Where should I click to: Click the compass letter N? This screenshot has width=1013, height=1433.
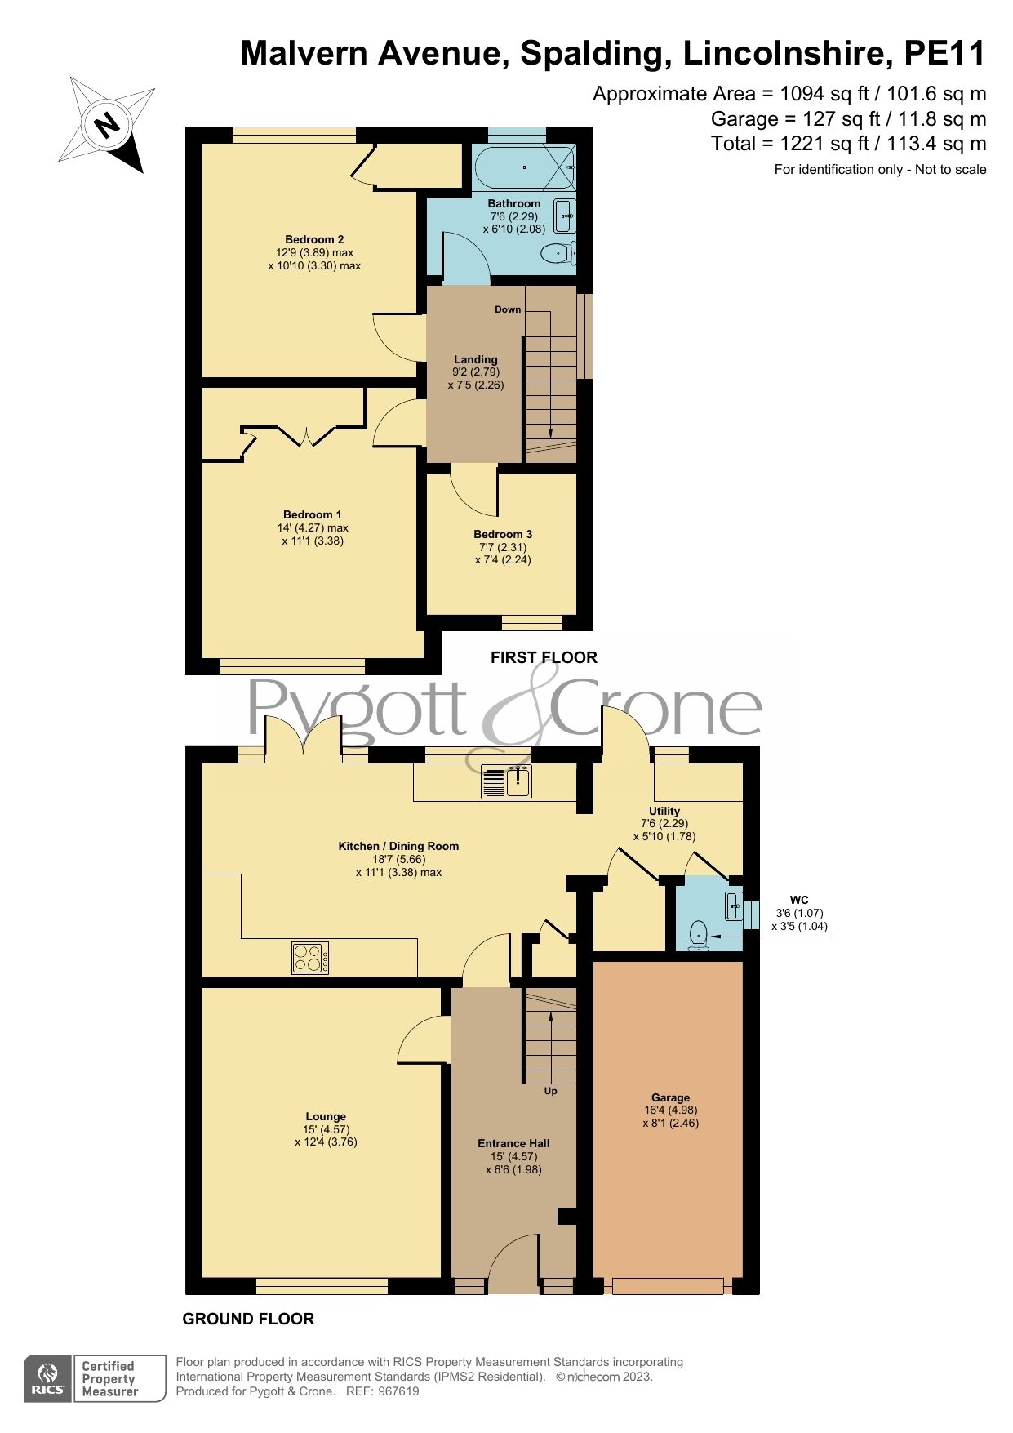(105, 126)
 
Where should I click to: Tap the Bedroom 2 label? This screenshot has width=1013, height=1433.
(314, 239)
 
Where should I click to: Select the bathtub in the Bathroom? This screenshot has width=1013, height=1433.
(525, 167)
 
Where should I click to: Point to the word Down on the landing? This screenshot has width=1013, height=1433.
(508, 309)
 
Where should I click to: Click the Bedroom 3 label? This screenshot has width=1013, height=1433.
(503, 534)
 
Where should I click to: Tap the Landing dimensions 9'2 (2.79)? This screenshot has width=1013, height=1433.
(476, 372)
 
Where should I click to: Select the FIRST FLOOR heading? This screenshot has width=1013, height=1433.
(544, 657)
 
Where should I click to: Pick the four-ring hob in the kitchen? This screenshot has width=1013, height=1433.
(311, 958)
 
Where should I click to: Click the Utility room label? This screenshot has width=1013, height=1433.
(664, 811)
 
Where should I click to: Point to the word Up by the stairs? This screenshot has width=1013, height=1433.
(551, 1091)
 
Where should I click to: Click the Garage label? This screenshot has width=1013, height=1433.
(670, 1097)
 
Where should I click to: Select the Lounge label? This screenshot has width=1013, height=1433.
(326, 1116)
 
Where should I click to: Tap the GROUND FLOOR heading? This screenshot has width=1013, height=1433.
(248, 1319)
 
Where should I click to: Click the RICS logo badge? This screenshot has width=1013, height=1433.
(49, 1379)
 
